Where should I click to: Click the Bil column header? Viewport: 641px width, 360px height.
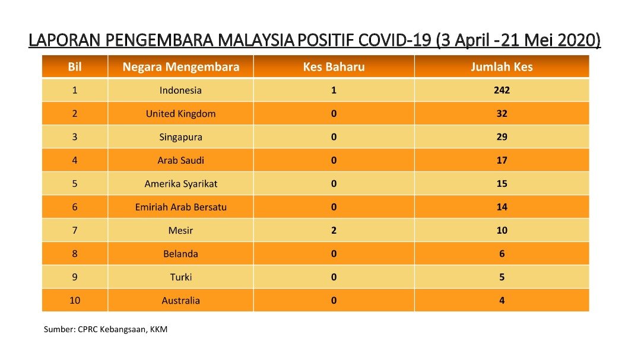(x=75, y=66)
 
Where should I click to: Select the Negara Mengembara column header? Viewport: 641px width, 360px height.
(x=180, y=67)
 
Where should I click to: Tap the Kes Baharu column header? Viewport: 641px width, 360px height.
(x=334, y=66)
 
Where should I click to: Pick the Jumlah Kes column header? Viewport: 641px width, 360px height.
(x=502, y=66)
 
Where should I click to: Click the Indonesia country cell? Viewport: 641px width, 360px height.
(x=180, y=90)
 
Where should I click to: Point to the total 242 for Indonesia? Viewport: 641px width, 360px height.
(x=502, y=90)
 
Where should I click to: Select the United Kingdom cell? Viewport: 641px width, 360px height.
(x=180, y=114)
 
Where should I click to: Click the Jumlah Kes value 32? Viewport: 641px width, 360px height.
(x=502, y=114)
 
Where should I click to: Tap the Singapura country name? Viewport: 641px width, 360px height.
(x=180, y=138)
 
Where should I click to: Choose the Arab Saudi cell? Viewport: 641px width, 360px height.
(x=180, y=160)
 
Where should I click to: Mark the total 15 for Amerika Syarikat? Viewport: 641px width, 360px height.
(x=502, y=183)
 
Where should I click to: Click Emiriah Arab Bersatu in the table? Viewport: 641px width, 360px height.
(x=180, y=207)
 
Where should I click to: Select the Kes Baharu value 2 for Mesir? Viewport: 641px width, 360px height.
(x=334, y=231)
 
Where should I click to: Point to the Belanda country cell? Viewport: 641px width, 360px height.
(x=180, y=254)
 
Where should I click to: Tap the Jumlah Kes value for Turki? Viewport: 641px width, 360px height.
(x=502, y=277)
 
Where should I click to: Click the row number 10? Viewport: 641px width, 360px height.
(x=75, y=300)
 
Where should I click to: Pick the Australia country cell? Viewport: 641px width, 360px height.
(x=180, y=301)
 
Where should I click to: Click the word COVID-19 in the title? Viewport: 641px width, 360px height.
(x=395, y=40)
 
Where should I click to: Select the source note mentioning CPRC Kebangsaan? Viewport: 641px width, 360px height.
(x=106, y=329)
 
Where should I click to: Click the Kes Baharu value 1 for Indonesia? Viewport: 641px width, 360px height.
(x=334, y=90)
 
